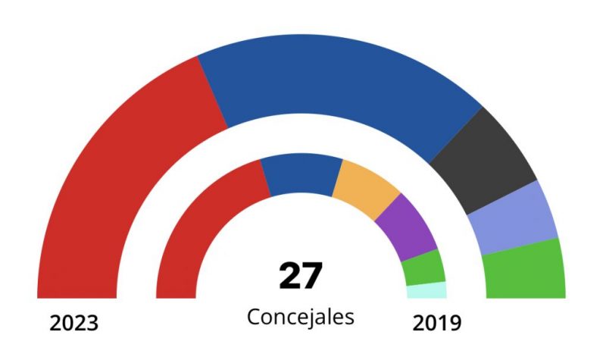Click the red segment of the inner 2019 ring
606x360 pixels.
pyautogui.click(x=201, y=227)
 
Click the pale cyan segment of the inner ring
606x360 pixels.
pyautogui.click(x=426, y=290)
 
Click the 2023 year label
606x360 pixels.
pyautogui.click(x=74, y=323)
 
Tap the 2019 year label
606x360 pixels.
pyautogui.click(x=436, y=323)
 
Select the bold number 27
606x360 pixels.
pyautogui.click(x=301, y=276)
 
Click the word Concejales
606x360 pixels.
pyautogui.click(x=301, y=317)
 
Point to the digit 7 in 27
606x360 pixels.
pyautogui.click(x=313, y=276)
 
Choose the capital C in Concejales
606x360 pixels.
pyautogui.click(x=254, y=317)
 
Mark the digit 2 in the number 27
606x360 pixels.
pyautogui.click(x=289, y=276)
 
